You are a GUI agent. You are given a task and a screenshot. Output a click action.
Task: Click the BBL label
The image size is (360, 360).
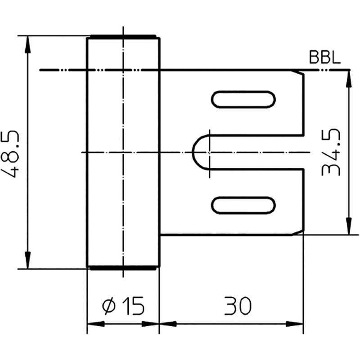(x=324, y=58)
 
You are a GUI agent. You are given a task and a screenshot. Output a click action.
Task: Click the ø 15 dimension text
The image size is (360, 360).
(x=123, y=306)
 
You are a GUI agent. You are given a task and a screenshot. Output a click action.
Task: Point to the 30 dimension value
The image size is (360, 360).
(x=238, y=306)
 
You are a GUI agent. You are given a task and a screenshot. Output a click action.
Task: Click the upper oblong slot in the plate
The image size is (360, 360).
(x=243, y=99)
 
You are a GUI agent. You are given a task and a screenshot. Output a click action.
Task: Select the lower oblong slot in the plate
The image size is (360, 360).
(x=243, y=206)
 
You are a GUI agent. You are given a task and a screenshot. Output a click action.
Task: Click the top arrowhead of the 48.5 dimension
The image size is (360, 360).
(x=28, y=44)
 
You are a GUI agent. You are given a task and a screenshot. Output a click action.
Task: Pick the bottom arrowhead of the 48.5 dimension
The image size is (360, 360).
(x=28, y=260)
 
